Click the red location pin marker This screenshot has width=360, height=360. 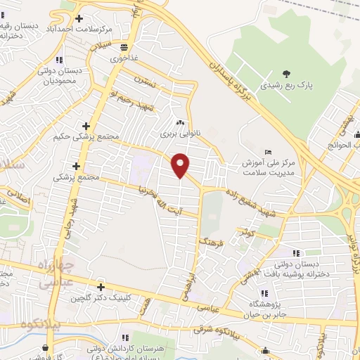point(181,165)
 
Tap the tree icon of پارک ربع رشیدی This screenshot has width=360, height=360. point(285,74)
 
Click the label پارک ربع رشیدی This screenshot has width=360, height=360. point(286,85)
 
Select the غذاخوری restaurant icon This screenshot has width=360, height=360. point(124,48)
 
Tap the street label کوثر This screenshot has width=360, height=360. point(245,231)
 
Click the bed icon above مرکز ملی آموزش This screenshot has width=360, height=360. point(269,151)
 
